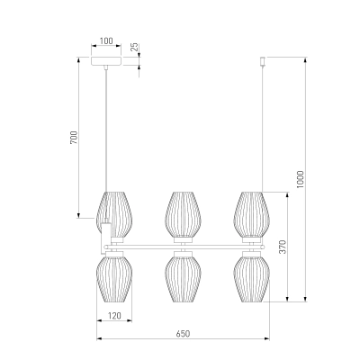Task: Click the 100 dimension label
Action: click(106, 40)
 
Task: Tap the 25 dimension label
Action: click(135, 47)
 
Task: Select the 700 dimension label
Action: click(74, 137)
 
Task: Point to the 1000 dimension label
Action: click(300, 179)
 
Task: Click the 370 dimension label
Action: click(283, 247)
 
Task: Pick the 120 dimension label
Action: click(114, 316)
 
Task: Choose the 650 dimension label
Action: click(183, 334)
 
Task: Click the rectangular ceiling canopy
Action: click(106, 60)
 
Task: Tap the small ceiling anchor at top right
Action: click(263, 61)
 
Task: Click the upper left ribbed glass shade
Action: click(114, 214)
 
